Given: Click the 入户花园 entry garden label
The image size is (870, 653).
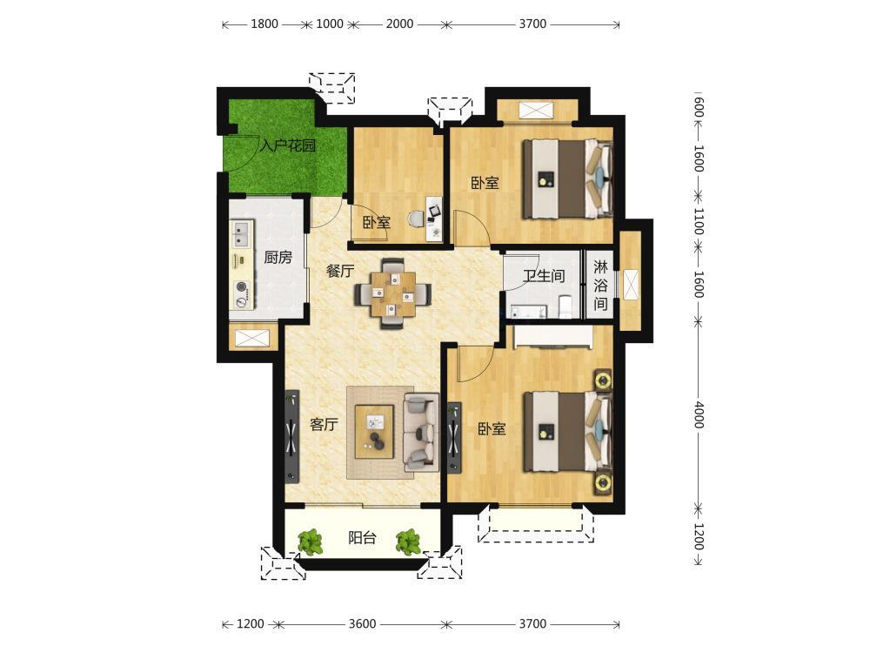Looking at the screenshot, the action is [x=288, y=146].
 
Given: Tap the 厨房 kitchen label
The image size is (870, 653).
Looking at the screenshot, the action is [x=278, y=257].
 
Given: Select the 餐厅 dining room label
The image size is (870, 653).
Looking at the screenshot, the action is [x=340, y=271].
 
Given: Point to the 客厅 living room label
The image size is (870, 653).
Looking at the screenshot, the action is [x=324, y=425].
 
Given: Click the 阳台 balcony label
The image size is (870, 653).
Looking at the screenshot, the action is [x=362, y=537].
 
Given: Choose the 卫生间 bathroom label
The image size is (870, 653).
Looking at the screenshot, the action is [x=544, y=275].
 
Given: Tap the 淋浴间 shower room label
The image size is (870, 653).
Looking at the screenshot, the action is [x=600, y=286].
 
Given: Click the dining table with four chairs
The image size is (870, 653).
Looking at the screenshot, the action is [x=393, y=293].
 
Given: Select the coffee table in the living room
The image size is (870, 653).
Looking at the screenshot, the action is [x=374, y=432].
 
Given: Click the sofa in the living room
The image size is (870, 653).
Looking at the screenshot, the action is [x=421, y=433].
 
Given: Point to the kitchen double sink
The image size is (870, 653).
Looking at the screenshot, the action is [x=242, y=233].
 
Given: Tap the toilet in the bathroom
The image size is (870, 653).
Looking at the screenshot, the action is [x=565, y=307].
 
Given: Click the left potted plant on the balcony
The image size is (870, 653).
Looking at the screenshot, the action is [x=311, y=542].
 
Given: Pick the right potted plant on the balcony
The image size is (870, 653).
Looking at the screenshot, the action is [x=409, y=542].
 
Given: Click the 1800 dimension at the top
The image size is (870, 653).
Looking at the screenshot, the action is [x=264, y=24].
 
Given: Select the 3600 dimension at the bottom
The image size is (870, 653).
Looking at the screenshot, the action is [x=362, y=623].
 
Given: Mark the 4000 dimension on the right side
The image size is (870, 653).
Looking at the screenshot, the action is [x=699, y=414].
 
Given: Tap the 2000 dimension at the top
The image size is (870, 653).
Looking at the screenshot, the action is [x=399, y=24].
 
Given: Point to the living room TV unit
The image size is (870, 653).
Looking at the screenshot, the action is [x=291, y=436].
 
